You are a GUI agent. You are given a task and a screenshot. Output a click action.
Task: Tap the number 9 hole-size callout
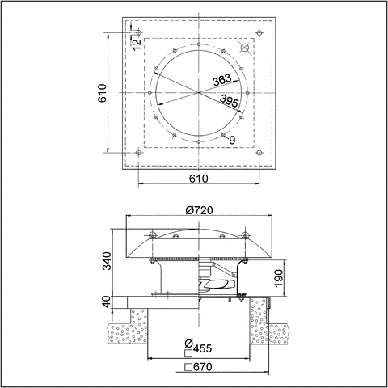coord(233,141)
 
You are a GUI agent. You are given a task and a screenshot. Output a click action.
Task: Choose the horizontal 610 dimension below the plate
coord(199,179)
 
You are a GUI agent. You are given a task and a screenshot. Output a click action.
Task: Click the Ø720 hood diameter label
coord(199,210)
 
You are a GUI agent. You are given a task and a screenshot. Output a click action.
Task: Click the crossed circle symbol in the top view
coord(246,48)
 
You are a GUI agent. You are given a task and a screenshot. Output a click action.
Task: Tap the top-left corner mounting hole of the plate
coord(139,33)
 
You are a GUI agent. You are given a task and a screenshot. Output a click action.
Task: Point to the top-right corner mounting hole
coord(259,33)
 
